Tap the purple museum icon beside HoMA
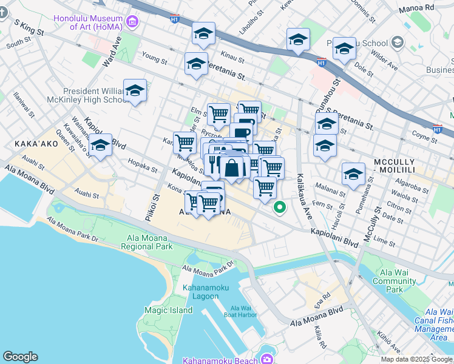click(x=132, y=22)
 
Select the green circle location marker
click(x=280, y=207)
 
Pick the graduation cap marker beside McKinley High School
click(x=135, y=91)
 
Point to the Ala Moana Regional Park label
click(x=146, y=242)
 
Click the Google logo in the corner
click(x=20, y=357)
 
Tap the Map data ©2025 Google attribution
click(x=416, y=359)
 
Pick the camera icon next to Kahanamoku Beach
click(x=267, y=360)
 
